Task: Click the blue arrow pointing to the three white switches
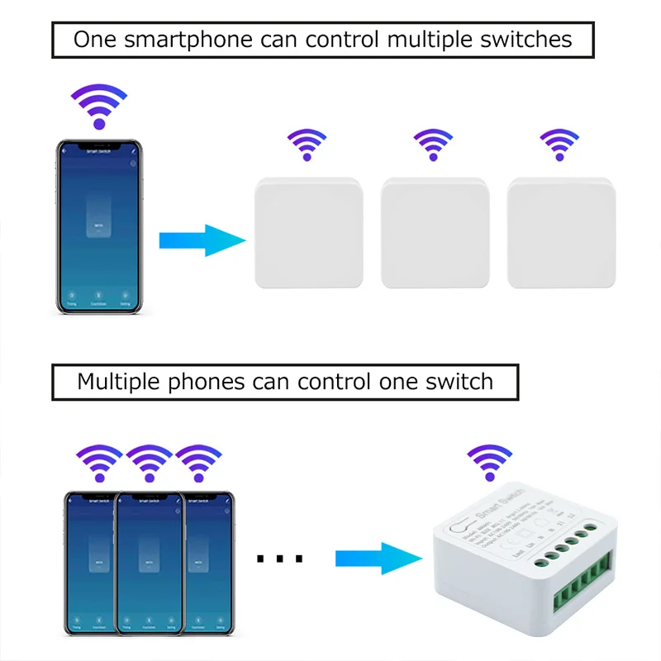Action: click(x=202, y=240)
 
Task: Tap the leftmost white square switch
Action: click(x=308, y=233)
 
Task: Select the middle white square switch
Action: click(x=435, y=233)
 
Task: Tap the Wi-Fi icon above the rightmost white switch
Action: click(x=559, y=145)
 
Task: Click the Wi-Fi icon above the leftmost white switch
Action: click(x=307, y=145)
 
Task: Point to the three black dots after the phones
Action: click(x=279, y=559)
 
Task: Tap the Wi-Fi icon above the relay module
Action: click(x=489, y=464)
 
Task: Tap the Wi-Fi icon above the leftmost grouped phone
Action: click(x=99, y=464)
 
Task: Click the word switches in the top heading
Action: click(x=525, y=39)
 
